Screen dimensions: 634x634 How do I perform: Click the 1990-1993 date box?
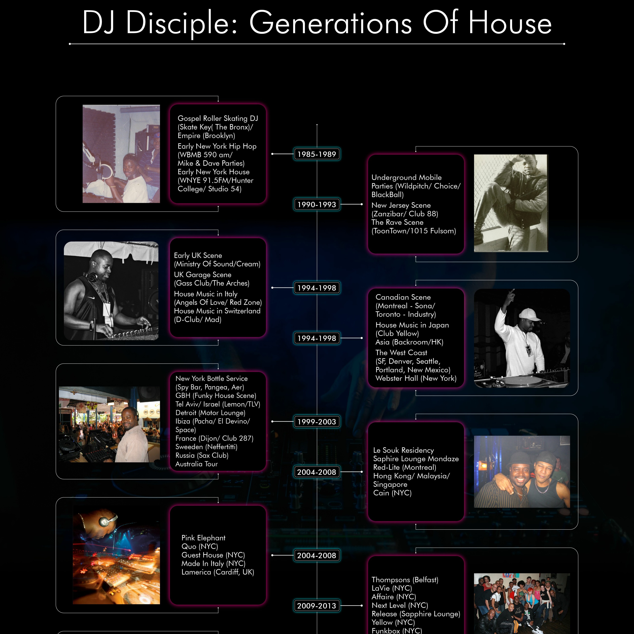(x=317, y=204)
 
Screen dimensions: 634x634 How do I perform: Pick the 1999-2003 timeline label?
(x=317, y=422)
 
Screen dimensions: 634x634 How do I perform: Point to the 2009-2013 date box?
(x=317, y=606)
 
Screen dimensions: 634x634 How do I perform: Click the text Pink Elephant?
(x=204, y=538)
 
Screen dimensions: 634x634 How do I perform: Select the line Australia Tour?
(x=197, y=464)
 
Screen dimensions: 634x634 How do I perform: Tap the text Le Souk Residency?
(x=403, y=450)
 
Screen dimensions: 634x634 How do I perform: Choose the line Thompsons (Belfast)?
(x=405, y=580)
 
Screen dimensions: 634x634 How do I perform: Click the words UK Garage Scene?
(x=202, y=275)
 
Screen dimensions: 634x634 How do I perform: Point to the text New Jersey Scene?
(x=401, y=205)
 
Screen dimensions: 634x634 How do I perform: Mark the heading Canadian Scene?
(x=403, y=297)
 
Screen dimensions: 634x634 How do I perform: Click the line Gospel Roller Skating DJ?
(x=218, y=119)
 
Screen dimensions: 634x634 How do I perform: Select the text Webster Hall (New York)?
(x=416, y=378)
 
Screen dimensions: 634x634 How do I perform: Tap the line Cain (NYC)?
(x=392, y=493)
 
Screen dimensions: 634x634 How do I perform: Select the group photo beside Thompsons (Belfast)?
(x=522, y=603)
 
